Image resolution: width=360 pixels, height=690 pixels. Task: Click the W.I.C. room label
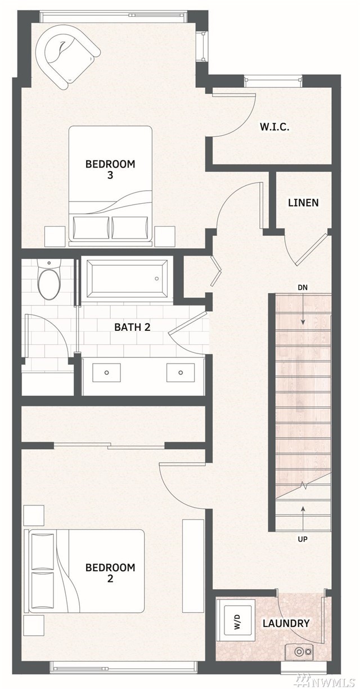click(274, 127)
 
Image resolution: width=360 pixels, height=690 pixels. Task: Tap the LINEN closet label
click(303, 203)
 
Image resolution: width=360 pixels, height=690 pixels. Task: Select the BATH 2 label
click(132, 327)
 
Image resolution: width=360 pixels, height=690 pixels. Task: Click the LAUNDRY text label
click(286, 615)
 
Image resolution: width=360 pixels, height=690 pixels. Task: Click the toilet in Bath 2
click(49, 279)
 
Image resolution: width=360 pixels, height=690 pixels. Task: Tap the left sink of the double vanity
click(106, 373)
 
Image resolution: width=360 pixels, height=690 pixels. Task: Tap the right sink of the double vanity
click(181, 373)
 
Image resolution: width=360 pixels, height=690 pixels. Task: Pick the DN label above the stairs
click(303, 288)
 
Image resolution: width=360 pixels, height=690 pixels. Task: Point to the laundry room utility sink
click(299, 643)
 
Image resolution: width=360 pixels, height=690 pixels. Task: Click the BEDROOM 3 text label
click(110, 169)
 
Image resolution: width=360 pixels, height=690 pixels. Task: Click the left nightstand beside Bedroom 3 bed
click(55, 236)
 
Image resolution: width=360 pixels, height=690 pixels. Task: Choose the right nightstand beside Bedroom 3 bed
click(165, 236)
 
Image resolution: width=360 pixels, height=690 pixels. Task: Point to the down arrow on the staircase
click(303, 310)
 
